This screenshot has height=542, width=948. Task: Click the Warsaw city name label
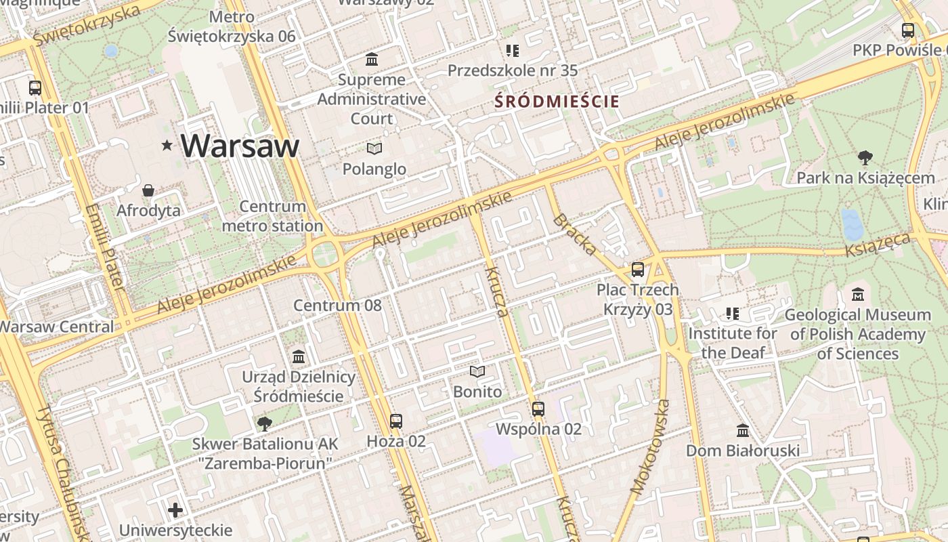click(240, 146)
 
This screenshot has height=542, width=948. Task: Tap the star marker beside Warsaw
click(167, 145)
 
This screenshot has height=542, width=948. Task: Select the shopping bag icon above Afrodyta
click(148, 191)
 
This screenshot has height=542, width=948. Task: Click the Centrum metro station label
click(272, 216)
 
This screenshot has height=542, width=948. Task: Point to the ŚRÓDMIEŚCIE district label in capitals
click(557, 102)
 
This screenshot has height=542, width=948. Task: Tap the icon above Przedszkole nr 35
click(513, 51)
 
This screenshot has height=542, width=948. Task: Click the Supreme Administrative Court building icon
click(372, 60)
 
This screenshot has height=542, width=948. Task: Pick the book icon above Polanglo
click(374, 148)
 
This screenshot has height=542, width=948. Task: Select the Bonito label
click(477, 392)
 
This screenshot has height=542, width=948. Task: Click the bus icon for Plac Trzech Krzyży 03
click(637, 270)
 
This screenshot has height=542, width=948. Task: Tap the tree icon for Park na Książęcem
click(865, 159)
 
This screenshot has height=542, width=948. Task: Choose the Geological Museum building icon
click(858, 295)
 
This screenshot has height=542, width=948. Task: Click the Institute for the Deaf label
click(733, 343)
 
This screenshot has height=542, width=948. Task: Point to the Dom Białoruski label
click(743, 451)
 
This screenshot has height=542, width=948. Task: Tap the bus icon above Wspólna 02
click(538, 409)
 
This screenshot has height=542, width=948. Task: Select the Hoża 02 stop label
click(396, 442)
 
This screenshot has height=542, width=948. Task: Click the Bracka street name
click(575, 234)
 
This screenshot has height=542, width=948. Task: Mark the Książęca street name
click(878, 245)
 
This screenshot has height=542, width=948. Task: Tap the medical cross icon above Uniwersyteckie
click(175, 510)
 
